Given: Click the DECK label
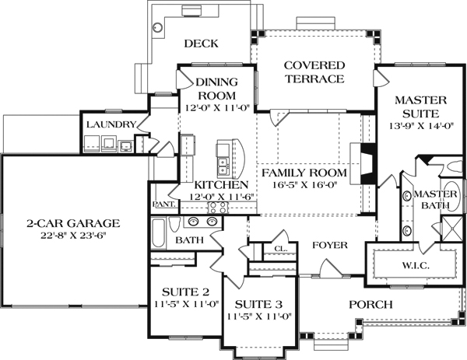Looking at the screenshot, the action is tap(201, 44).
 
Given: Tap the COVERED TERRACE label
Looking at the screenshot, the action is tap(314, 72).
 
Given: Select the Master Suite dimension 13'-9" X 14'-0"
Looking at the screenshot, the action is tap(421, 126).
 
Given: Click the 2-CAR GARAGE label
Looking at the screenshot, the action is tap(73, 223).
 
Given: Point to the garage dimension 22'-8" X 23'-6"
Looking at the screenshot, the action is tap(74, 236).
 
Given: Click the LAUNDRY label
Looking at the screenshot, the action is tap(111, 124).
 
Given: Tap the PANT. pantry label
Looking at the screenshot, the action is tap(163, 204).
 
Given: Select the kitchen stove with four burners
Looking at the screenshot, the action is tap(218, 208).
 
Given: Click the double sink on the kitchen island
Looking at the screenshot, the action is tap(223, 166).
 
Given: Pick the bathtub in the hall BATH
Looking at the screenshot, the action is tap(158, 233).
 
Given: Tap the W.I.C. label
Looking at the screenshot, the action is tap(416, 266).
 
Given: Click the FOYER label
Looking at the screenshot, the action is tap(330, 245).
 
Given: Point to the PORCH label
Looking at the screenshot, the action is tap(370, 305).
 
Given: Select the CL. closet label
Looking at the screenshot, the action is tap(280, 249).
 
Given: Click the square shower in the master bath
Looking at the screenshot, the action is tap(452, 229).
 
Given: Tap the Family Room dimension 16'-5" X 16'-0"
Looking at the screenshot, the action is tap(304, 185).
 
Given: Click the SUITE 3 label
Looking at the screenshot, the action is tap(258, 305).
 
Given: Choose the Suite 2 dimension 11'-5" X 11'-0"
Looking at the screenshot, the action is tap(187, 304).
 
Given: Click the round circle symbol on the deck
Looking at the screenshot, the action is tap(158, 27).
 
